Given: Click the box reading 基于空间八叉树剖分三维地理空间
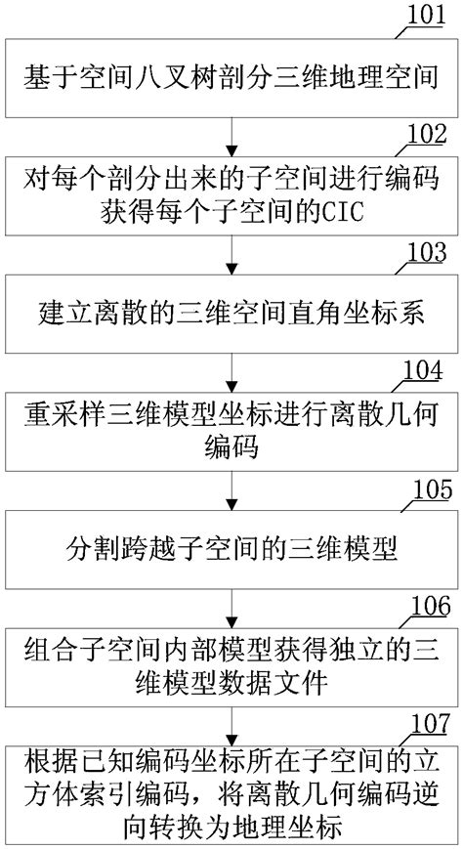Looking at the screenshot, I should pos(231,75).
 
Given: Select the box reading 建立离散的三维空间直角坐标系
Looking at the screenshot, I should pos(231,314).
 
